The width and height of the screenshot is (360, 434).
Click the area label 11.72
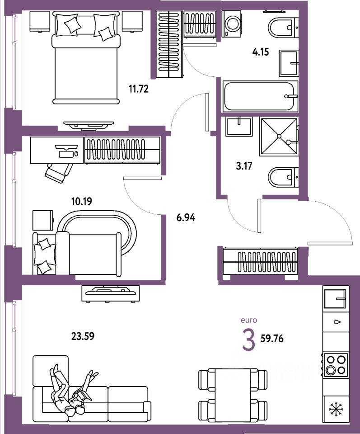point(139,89)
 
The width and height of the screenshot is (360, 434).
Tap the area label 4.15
point(261,52)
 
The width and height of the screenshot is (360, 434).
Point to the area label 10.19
point(81,200)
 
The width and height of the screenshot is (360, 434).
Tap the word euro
point(248,320)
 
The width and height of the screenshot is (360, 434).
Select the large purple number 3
point(248,340)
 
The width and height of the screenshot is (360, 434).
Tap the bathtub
point(260,96)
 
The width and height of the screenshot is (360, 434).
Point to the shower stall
point(279,136)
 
